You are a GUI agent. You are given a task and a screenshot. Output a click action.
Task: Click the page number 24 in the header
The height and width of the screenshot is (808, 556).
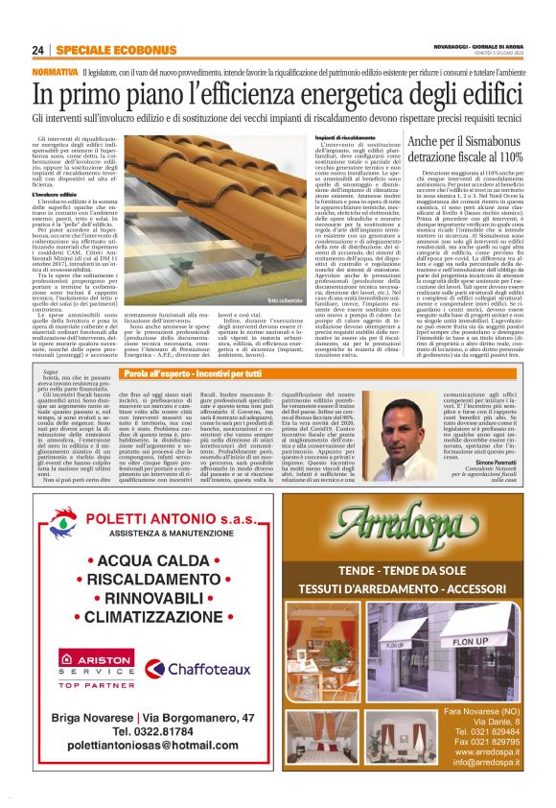pyautogui.click(x=37, y=50)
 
